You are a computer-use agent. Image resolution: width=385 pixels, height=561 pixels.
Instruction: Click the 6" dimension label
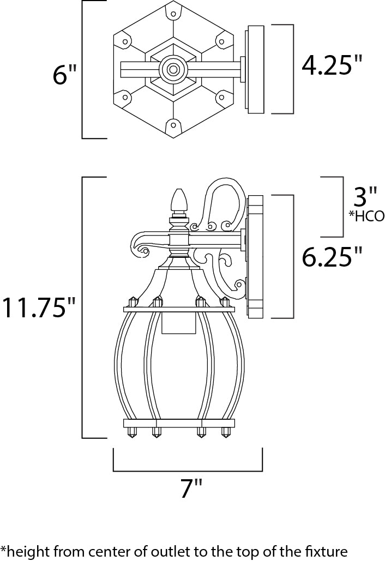[x=64, y=75]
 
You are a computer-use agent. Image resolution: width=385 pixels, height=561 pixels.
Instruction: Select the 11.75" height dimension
[x=38, y=306]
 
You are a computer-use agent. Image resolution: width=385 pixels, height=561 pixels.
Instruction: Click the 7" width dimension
[x=191, y=488]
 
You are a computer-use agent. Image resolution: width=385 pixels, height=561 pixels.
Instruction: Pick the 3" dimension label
[x=365, y=196]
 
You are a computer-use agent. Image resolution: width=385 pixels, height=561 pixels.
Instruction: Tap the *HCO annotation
[x=366, y=216]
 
